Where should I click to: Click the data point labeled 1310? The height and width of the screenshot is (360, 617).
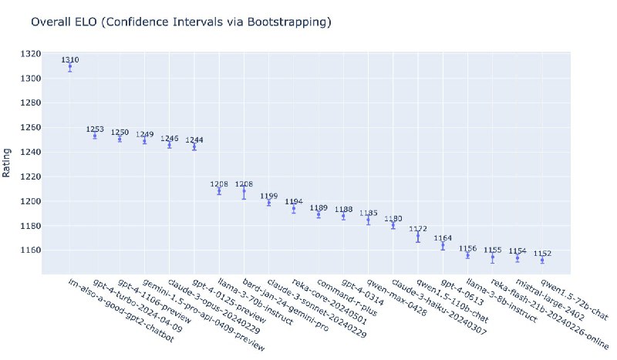[x=70, y=67]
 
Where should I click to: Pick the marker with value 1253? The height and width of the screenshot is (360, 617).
[x=95, y=136]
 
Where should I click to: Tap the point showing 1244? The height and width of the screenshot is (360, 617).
[x=194, y=146]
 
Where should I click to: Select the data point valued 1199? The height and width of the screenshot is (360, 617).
[x=268, y=203]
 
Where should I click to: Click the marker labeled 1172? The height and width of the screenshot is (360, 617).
[x=418, y=236]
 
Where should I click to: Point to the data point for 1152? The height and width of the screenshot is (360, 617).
[x=542, y=261]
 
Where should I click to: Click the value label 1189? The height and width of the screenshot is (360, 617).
[x=319, y=208]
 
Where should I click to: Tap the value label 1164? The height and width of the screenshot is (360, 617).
[x=443, y=238]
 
